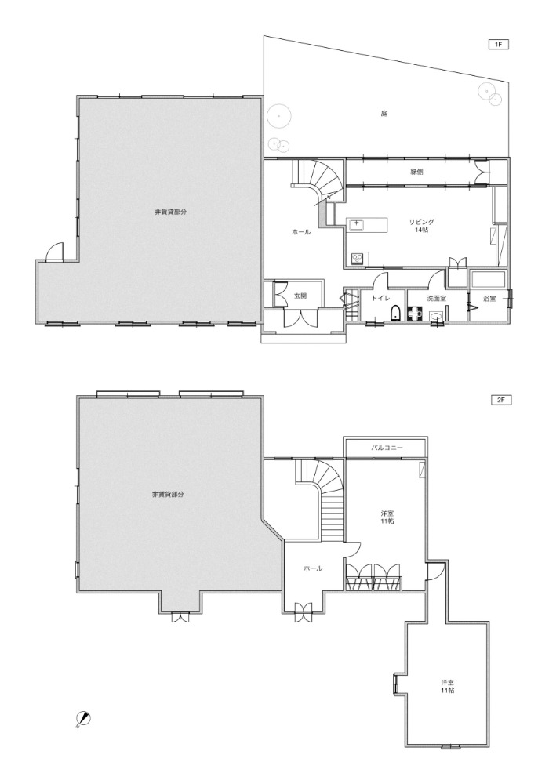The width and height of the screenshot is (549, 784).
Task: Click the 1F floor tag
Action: (498, 45)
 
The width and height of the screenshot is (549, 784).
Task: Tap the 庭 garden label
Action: (384, 114)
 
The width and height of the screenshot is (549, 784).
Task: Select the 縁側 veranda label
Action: (416, 172)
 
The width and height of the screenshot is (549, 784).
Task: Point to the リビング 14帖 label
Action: (421, 226)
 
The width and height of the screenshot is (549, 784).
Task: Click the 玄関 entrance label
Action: (300, 296)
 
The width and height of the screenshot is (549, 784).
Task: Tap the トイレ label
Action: (380, 298)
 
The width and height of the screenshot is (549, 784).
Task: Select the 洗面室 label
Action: (437, 298)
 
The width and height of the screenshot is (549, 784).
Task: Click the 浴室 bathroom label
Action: (489, 298)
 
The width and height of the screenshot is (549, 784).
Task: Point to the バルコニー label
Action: (387, 448)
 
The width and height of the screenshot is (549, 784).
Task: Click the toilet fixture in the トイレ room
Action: (394, 314)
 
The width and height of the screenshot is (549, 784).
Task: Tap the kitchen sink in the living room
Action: (357, 225)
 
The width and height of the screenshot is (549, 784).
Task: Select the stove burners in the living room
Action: (358, 259)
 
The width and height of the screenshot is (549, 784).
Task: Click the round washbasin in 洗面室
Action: (435, 315)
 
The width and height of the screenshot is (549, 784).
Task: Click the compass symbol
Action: (83, 718)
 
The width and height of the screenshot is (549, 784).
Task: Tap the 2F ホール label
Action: (313, 568)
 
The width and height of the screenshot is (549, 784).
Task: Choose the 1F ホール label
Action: (301, 232)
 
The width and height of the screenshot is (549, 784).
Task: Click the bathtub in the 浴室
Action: (489, 278)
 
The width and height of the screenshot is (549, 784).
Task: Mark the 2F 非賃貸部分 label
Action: (168, 494)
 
